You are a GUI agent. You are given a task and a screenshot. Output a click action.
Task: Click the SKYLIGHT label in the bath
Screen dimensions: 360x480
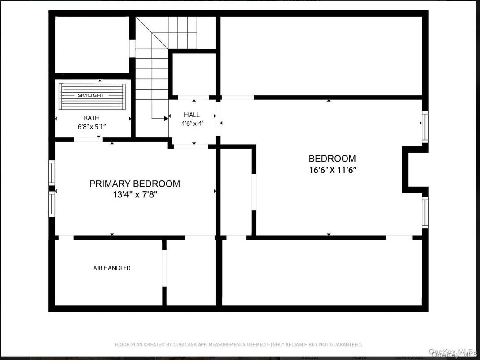pyautogui.click(x=91, y=95)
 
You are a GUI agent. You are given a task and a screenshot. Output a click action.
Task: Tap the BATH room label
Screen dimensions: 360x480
pyautogui.click(x=92, y=118)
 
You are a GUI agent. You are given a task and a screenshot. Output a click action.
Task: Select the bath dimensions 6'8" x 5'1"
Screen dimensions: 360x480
pyautogui.click(x=92, y=127)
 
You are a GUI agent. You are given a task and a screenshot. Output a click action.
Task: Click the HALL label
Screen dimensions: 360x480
pyautogui.click(x=192, y=115)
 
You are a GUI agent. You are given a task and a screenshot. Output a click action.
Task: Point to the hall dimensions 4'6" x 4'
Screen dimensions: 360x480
pyautogui.click(x=192, y=124)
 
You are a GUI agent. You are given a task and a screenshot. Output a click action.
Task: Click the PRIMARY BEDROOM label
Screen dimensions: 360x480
pyautogui.click(x=135, y=184)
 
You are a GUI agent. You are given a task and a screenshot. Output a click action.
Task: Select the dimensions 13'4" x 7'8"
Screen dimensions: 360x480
pyautogui.click(x=135, y=194)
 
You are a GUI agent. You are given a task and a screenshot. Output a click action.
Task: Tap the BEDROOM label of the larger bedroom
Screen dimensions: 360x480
pyautogui.click(x=332, y=159)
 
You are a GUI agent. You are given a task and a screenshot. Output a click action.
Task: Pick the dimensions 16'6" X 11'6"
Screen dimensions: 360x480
pyautogui.click(x=332, y=170)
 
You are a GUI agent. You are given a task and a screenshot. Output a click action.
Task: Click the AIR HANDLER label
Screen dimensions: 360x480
pyautogui.click(x=111, y=268)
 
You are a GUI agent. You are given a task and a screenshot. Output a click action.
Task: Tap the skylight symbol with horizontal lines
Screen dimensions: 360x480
pyautogui.click(x=92, y=96)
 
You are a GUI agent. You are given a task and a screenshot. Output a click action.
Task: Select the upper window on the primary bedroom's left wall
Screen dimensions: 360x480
pyautogui.click(x=51, y=172)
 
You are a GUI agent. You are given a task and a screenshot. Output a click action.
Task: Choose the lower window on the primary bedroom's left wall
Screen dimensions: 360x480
pyautogui.click(x=51, y=204)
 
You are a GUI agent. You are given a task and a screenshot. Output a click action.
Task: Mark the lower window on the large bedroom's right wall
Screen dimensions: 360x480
pyautogui.click(x=425, y=213)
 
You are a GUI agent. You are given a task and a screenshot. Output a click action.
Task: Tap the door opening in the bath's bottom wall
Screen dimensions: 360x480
pyautogui.click(x=88, y=140)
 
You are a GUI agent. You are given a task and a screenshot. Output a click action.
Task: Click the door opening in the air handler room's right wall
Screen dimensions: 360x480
pyautogui.click(x=164, y=268)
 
